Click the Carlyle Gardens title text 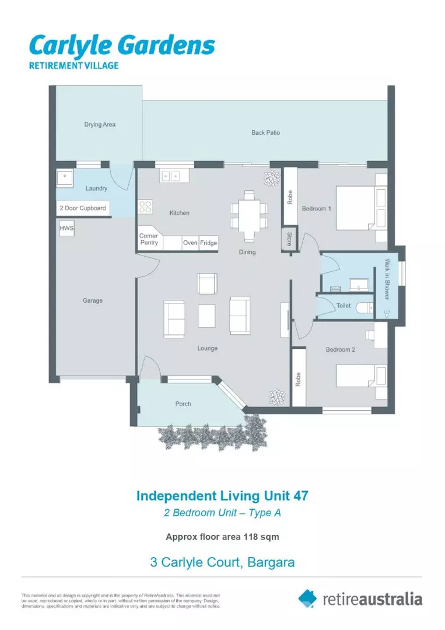122,46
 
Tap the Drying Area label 100,124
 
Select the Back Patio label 265,132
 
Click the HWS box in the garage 66,229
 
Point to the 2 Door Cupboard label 83,208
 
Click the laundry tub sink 64,176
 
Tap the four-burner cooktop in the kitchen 145,206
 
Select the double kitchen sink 171,176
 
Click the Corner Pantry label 149,239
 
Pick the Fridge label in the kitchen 208,243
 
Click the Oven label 190,243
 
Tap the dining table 249,215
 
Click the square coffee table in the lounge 207,316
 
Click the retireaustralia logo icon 307,598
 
